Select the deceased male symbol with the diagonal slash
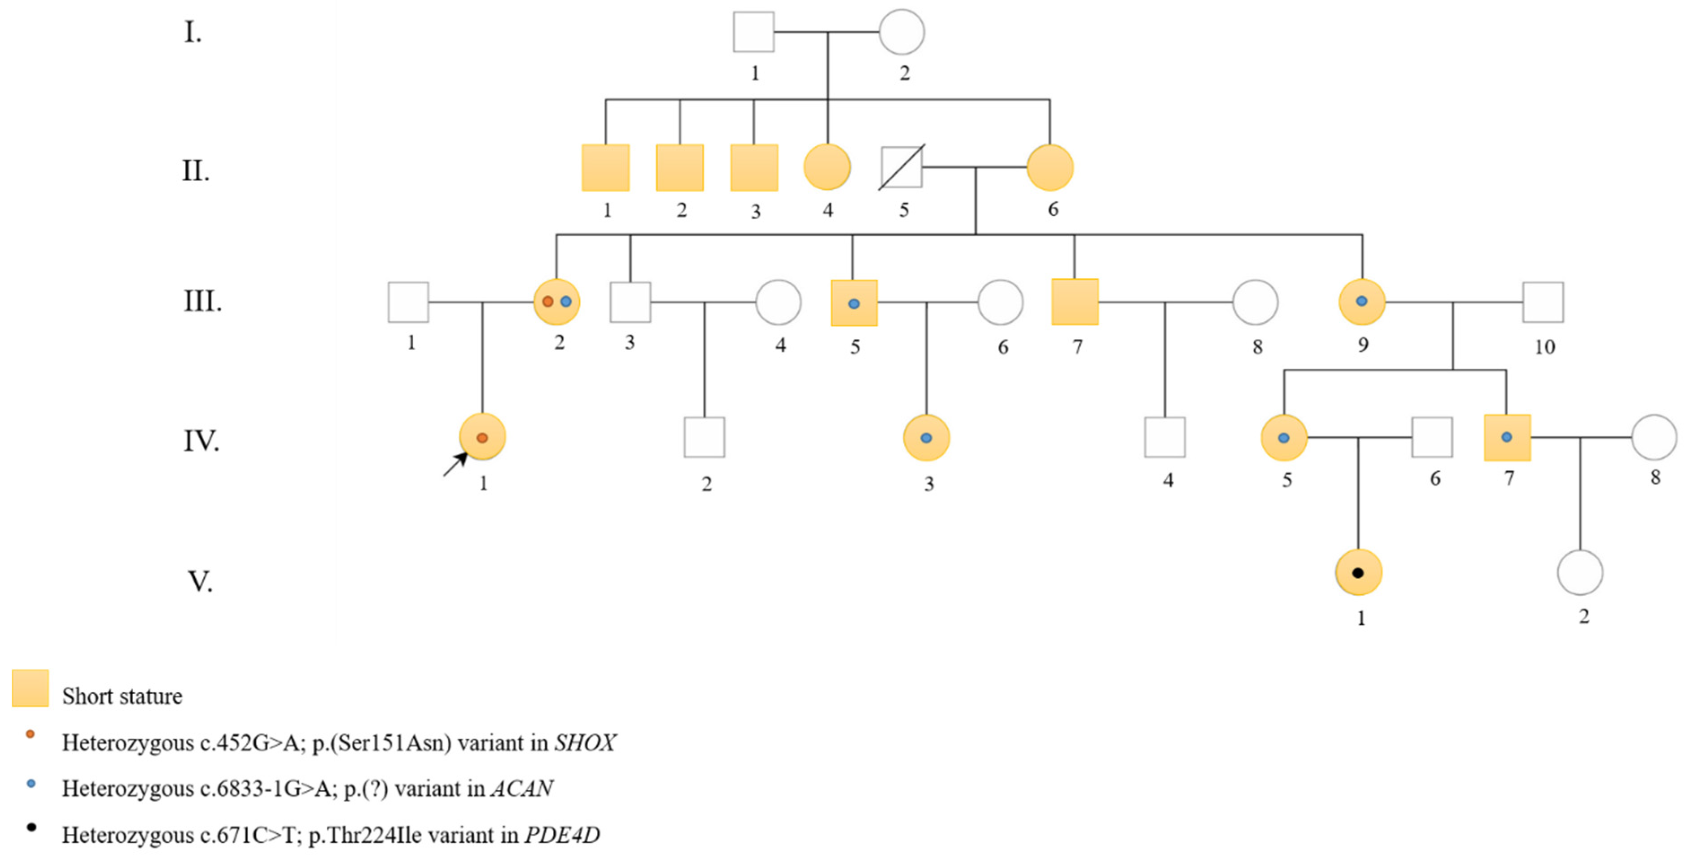(901, 167)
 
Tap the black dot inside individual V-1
(1358, 573)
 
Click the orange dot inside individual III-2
(548, 301)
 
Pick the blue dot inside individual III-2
(566, 301)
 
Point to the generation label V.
(201, 581)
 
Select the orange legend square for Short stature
(30, 688)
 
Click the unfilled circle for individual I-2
(901, 31)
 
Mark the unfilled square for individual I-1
(754, 31)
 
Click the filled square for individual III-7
(1075, 302)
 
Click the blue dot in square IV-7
(1507, 436)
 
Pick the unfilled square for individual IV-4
(1165, 437)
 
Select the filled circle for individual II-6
(1050, 168)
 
